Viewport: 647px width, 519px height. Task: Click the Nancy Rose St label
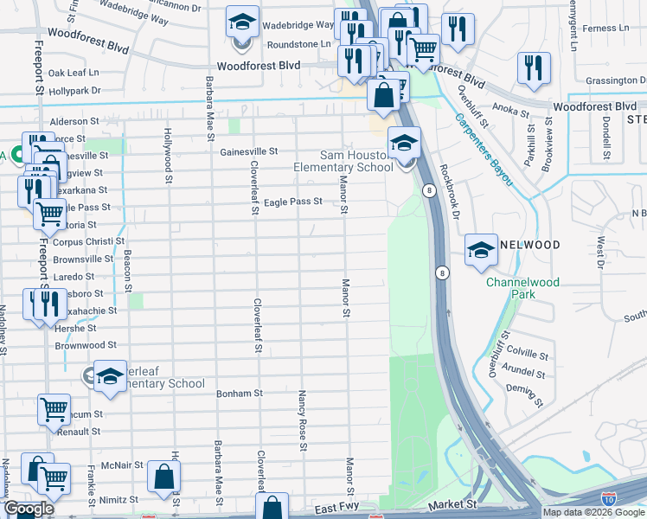pyautogui.click(x=303, y=420)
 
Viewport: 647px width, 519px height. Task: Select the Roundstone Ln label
pyautogui.click(x=300, y=43)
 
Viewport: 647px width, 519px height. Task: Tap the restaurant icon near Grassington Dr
pyautogui.click(x=534, y=67)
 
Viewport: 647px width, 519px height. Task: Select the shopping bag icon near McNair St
pyautogui.click(x=163, y=475)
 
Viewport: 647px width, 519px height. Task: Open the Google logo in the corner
pyautogui.click(x=29, y=509)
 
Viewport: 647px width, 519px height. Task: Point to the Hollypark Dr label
pyautogui.click(x=74, y=90)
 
